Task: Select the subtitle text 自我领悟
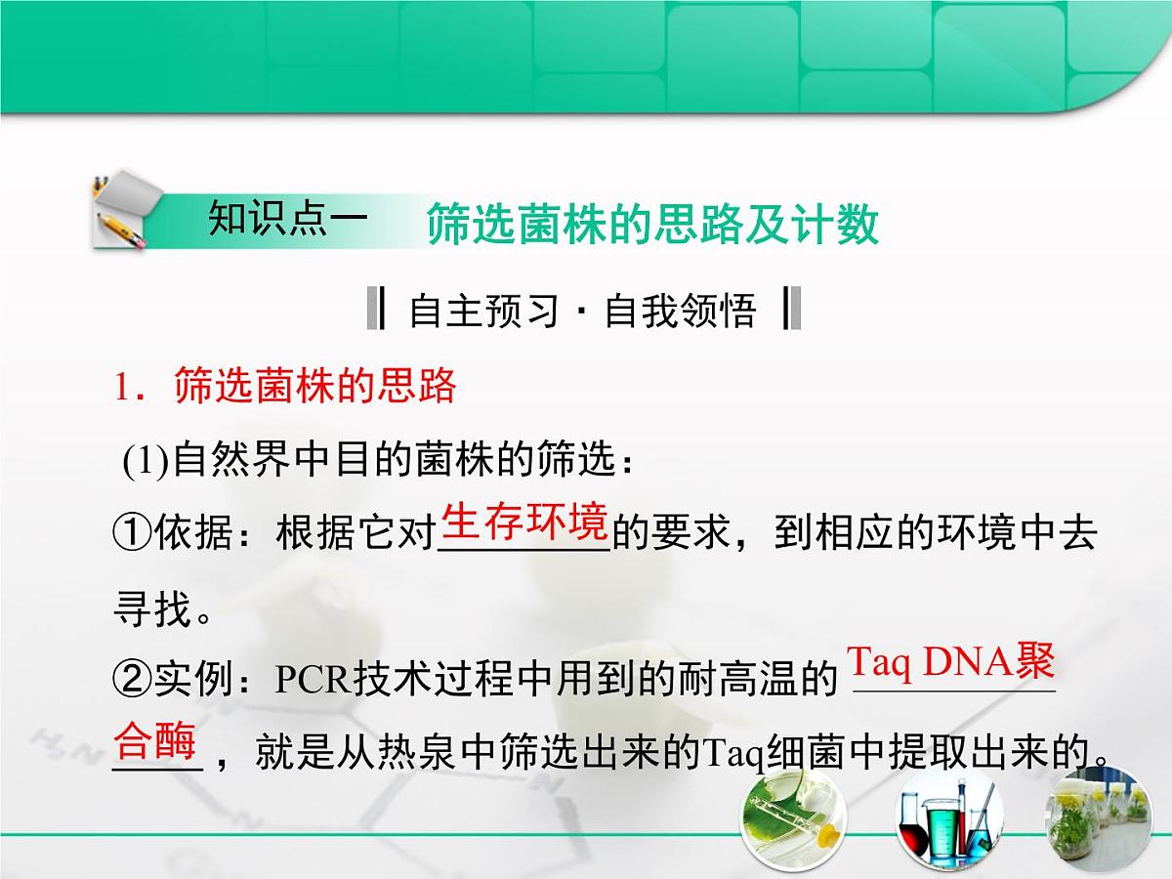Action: tap(681, 311)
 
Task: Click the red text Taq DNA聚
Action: tap(950, 663)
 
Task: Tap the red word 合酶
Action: tap(156, 741)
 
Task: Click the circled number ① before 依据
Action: tap(133, 534)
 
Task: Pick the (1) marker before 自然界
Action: tap(146, 463)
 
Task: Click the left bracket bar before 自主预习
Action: tap(376, 311)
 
